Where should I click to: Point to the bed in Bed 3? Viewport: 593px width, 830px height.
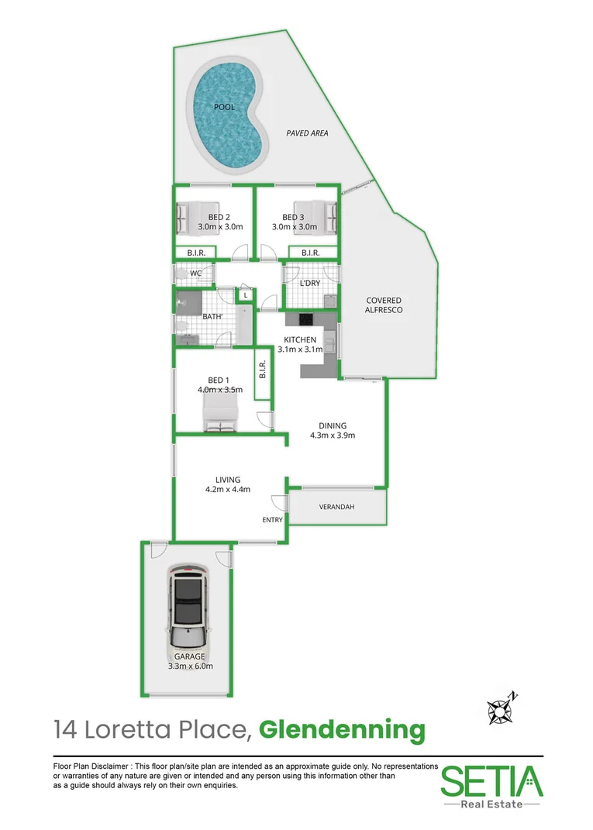325,218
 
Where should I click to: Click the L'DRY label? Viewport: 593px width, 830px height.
310,284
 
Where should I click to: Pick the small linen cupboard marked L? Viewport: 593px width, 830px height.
245,295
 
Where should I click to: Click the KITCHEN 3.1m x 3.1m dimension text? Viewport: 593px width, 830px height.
301,345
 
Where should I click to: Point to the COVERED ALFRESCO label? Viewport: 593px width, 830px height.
384,305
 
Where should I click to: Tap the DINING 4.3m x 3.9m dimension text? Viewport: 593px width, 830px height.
333,430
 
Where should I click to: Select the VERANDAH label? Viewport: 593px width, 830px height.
336,507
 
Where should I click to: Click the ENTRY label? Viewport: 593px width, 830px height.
272,520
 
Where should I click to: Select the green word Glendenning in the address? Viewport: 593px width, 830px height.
341,729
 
